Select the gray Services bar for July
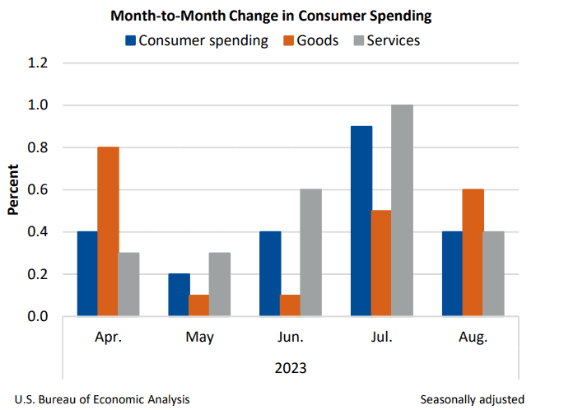click(402, 211)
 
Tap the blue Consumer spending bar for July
click(361, 221)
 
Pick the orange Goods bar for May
click(198, 305)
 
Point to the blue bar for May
click(179, 295)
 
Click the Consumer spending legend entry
click(197, 40)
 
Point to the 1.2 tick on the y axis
click(40, 63)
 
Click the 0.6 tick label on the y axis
click(40, 190)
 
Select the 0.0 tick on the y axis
click(40, 317)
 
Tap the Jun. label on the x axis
click(291, 338)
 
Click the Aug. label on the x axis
click(472, 338)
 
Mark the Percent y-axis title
click(14, 190)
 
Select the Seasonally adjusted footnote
click(472, 399)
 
